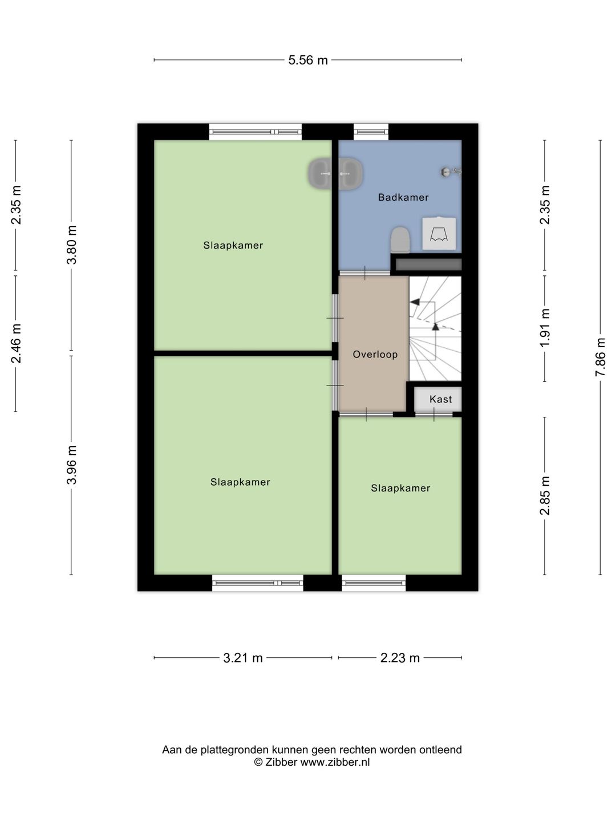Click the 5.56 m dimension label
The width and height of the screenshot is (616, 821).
(308, 60)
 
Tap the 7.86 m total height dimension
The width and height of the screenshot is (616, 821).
(600, 357)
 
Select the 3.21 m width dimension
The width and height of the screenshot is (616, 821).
(243, 657)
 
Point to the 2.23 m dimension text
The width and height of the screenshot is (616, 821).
(400, 657)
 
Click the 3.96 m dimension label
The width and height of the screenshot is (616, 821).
(71, 465)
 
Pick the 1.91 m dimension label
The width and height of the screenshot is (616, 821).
(545, 328)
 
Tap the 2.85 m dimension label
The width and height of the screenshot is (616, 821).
(545, 495)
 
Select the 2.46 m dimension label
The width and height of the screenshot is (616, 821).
(16, 344)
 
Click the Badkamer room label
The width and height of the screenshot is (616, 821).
(403, 197)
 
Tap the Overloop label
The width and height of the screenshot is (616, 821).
(375, 354)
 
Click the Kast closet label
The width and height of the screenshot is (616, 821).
(440, 399)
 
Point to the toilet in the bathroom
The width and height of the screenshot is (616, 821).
(400, 239)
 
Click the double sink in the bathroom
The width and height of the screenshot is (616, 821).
(335, 174)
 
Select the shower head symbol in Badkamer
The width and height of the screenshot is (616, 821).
(451, 172)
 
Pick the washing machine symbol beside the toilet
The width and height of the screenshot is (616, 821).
(439, 233)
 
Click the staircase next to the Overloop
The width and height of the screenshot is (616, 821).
(435, 328)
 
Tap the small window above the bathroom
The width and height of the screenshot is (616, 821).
(371, 132)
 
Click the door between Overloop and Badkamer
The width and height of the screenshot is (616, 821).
(364, 273)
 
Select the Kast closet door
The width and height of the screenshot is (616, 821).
(434, 414)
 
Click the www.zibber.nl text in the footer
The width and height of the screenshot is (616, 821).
(335, 762)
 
